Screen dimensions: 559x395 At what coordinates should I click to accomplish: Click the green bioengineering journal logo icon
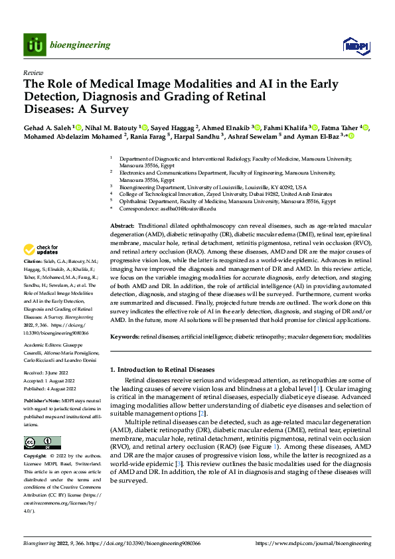(34, 44)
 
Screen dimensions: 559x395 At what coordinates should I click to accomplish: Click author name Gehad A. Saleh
(48, 127)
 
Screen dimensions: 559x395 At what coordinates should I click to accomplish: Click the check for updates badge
(41, 250)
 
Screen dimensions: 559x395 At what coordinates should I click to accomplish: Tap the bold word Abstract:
(123, 226)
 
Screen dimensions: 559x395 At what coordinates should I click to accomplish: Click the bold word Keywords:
(125, 337)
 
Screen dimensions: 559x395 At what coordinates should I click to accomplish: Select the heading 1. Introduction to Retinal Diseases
(162, 369)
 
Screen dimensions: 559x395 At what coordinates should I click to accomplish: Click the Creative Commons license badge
(42, 443)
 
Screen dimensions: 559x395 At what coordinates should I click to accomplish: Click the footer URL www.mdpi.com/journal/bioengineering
(322, 543)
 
